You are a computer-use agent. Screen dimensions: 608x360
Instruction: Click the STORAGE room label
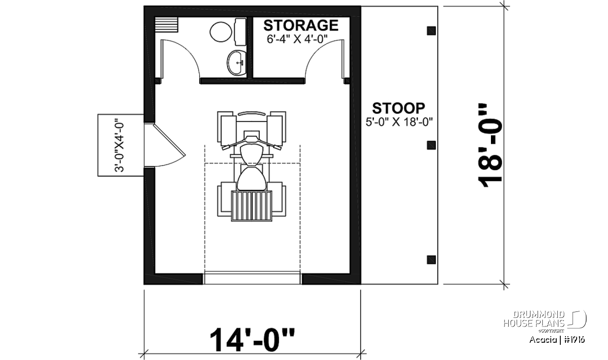click(x=301, y=25)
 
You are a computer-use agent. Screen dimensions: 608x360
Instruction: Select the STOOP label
click(x=398, y=108)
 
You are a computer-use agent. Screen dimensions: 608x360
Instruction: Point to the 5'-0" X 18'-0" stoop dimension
click(x=399, y=122)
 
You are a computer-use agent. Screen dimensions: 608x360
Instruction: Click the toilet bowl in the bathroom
click(x=221, y=32)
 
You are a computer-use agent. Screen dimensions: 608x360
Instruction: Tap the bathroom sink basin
click(x=237, y=63)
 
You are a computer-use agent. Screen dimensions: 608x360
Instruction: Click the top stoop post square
click(x=431, y=31)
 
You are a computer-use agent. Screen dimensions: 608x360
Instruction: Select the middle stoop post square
click(x=431, y=145)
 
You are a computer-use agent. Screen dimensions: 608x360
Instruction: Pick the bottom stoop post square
click(x=431, y=260)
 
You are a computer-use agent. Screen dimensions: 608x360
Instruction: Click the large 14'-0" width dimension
click(x=252, y=340)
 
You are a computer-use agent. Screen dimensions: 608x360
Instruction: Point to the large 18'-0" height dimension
click(x=491, y=145)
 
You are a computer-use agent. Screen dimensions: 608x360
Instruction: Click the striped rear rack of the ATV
click(x=252, y=206)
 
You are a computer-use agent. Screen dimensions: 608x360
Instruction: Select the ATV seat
click(x=251, y=178)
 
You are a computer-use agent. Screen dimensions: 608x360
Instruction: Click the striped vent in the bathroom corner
click(x=166, y=25)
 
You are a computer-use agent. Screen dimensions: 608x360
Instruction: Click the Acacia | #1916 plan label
click(x=557, y=340)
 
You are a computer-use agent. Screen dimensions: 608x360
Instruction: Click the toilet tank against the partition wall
click(x=241, y=32)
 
